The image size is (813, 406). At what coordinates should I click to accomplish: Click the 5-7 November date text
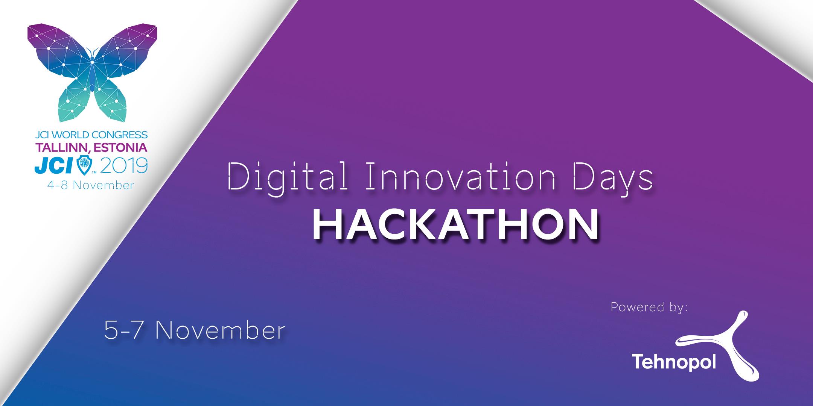point(194,331)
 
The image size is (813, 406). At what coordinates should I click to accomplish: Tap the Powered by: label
point(649,307)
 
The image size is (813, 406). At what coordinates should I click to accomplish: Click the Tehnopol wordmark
point(673,361)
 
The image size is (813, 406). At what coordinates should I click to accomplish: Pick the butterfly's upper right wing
point(126,53)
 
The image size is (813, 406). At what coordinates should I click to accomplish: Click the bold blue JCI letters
point(55,166)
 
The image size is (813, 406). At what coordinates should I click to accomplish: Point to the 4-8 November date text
point(91,185)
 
